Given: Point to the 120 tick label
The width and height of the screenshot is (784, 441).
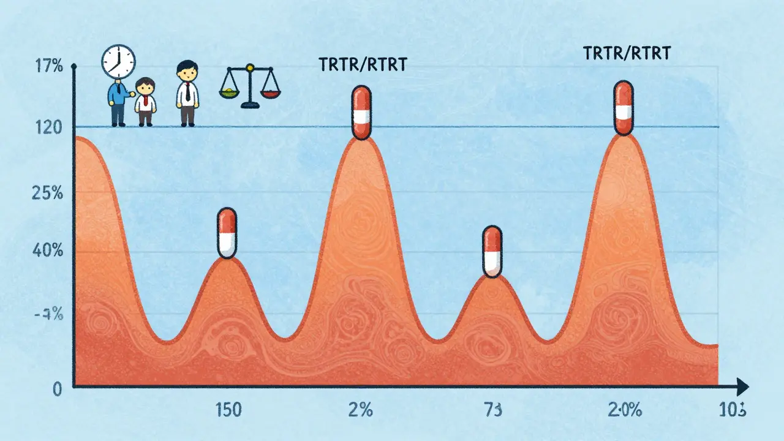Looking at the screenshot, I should point(49,128).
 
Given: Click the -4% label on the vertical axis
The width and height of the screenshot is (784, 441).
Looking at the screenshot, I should point(49,316).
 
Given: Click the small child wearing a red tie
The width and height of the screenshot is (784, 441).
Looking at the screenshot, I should point(145,101).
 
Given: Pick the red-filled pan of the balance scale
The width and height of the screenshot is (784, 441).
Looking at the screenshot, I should point(269,93).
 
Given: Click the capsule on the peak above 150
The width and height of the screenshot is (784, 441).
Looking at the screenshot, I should point(227,232).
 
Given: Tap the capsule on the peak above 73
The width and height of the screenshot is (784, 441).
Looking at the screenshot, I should point(492,251).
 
